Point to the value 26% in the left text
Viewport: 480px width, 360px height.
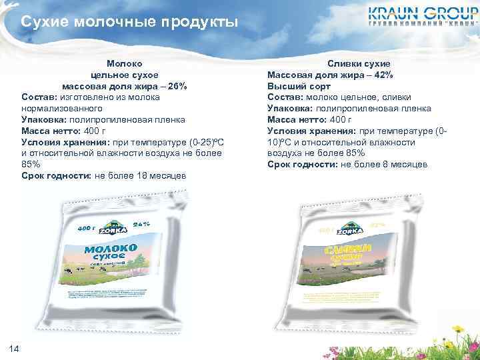pos(177,87)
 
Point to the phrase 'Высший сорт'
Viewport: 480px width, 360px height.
pos(299,87)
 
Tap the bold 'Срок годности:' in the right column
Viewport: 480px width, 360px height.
pos(303,165)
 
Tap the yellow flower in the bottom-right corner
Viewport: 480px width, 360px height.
pos(459,329)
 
